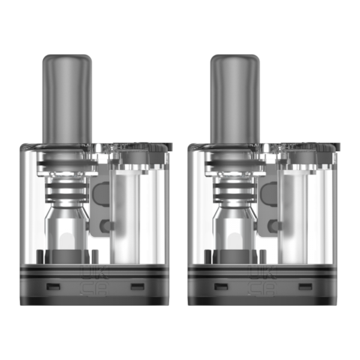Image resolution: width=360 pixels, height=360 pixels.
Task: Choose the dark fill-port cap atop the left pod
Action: click(x=136, y=146)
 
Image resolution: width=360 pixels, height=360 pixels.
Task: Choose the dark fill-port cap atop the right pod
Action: click(x=305, y=146)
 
